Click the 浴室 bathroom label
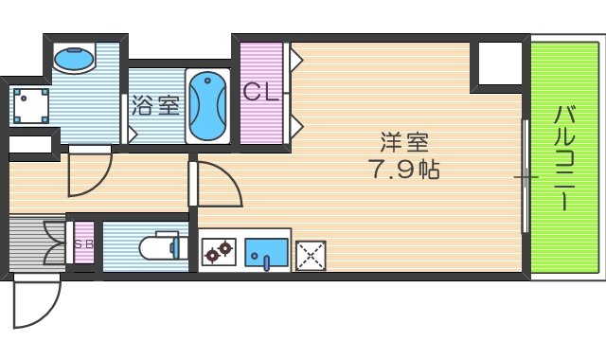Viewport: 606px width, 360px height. [155, 105]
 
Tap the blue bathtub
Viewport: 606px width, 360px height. [206, 105]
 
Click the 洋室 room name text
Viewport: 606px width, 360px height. [404, 144]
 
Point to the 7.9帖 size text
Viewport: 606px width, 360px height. [404, 171]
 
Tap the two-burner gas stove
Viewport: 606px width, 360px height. [218, 252]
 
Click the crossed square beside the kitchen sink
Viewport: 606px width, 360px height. [310, 254]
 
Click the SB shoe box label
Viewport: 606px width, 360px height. [84, 243]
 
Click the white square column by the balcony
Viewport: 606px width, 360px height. [500, 64]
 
